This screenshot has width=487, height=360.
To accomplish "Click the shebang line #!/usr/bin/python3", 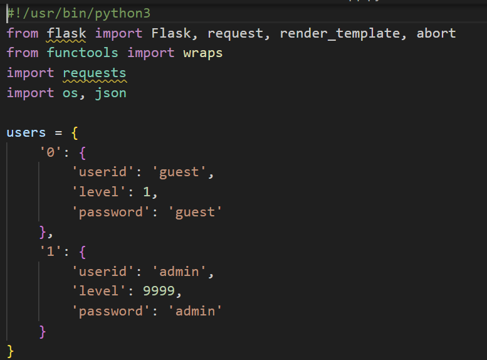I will (78, 13).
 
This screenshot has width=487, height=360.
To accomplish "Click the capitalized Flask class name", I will (170, 33).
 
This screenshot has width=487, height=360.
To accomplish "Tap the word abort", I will (436, 33).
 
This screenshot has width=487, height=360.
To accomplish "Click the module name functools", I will (83, 53).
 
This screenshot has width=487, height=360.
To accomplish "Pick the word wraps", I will (202, 53).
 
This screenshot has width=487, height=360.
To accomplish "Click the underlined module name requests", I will (94, 73).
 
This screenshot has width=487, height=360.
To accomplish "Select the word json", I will (110, 93).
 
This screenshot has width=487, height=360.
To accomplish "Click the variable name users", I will (26, 132).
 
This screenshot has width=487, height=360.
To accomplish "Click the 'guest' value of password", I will (195, 212).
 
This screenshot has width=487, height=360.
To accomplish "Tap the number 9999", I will (162, 291).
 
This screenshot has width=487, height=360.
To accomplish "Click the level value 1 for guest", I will (146, 192).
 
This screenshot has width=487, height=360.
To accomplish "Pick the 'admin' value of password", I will (195, 311).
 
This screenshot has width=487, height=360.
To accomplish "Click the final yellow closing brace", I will (10, 350).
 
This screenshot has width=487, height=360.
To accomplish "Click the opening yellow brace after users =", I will (74, 132).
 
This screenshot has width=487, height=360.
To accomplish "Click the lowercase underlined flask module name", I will (66, 33).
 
